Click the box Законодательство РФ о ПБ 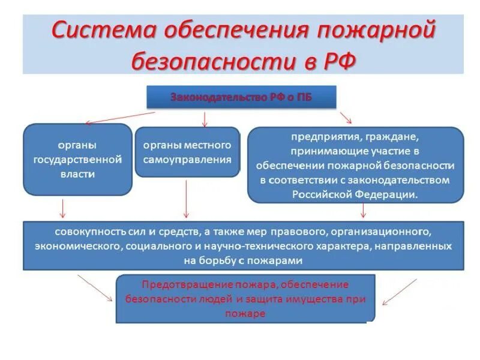[241, 97]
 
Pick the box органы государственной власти [77, 160]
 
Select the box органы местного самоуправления [187, 152]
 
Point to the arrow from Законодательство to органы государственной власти [120, 118]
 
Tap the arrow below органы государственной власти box [62, 208]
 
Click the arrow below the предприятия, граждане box [363, 210]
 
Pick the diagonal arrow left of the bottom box [95, 288]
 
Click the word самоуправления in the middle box [187, 160]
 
